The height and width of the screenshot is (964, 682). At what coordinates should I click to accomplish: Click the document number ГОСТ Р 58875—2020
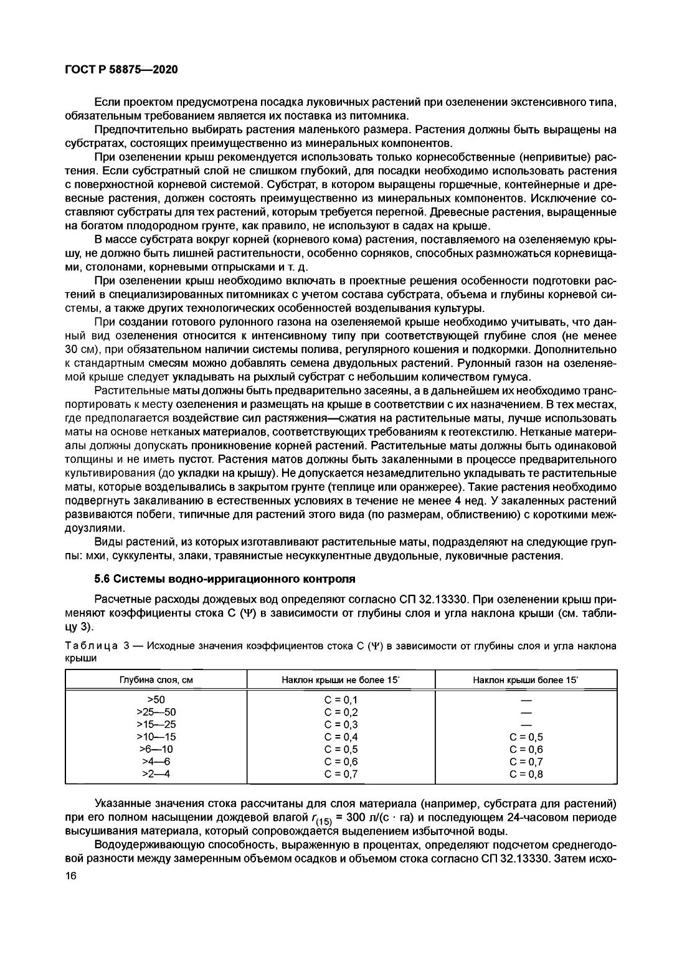point(121,70)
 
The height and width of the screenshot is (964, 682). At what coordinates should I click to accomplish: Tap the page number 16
point(70,876)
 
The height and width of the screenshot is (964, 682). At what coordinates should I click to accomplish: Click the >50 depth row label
point(156,699)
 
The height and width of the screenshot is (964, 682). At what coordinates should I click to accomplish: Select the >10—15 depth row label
point(156,737)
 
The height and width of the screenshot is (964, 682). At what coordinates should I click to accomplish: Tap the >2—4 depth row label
point(156,774)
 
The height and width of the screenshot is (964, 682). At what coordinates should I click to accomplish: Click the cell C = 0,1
point(341,699)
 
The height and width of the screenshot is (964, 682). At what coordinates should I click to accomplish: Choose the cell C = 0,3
point(341,724)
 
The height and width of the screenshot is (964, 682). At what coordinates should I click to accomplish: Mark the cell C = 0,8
point(526,774)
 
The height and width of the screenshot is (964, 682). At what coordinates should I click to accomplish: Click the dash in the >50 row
point(526,699)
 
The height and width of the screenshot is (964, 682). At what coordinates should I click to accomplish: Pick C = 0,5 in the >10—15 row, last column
point(526,737)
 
